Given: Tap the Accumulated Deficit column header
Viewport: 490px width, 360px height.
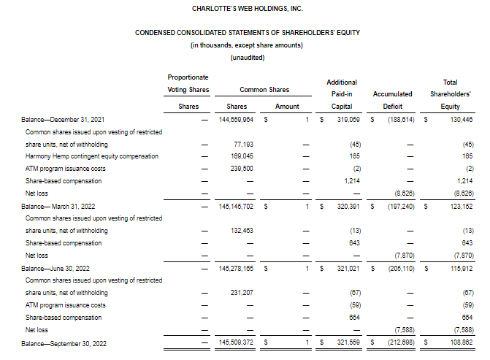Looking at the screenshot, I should point(392,93).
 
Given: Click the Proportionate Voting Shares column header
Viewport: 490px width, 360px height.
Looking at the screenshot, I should point(188,83).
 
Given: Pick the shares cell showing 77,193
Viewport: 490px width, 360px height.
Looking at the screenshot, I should point(242,145).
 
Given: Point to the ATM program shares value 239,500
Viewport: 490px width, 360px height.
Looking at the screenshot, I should point(241,169).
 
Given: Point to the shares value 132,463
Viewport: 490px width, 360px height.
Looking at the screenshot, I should point(241,231).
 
